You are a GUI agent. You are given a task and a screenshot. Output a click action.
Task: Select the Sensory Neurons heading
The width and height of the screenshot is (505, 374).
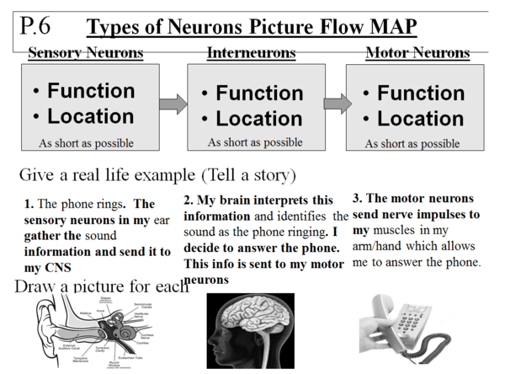click(86, 53)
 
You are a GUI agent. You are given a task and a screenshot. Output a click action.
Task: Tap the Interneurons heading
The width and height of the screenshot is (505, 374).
click(251, 53)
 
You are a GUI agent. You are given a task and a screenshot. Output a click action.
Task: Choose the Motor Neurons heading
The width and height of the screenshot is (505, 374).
click(417, 53)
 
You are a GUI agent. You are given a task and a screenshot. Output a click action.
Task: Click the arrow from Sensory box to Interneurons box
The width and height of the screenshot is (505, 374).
click(173, 104)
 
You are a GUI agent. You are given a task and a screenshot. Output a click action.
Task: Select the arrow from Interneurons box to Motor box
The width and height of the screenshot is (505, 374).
click(337, 104)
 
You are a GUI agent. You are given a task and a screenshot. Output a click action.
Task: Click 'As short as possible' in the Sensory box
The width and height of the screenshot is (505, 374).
click(86, 143)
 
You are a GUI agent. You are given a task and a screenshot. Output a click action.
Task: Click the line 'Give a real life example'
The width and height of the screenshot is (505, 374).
click(156, 176)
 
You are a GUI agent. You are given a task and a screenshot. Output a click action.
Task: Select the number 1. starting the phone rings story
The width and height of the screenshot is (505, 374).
click(29, 204)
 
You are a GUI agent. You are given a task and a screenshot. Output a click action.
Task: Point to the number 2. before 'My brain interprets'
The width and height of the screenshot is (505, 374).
click(188, 200)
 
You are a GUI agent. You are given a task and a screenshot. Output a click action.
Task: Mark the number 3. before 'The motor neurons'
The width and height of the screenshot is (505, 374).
click(357, 199)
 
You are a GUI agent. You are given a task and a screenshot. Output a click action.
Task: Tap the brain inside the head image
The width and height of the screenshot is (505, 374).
click(253, 320)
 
